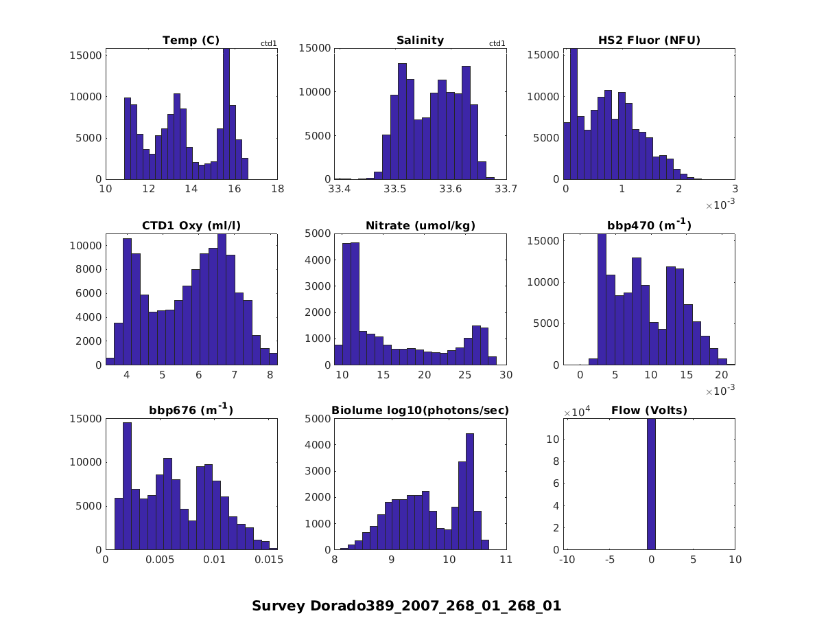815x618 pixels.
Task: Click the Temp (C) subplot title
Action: (191, 41)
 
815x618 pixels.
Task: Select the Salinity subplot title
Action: (420, 41)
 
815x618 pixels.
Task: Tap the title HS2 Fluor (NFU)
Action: (649, 41)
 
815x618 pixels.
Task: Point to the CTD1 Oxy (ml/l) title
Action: (191, 226)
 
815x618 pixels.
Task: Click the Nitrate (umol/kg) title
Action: (420, 226)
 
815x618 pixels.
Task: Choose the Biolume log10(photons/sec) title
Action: (420, 411)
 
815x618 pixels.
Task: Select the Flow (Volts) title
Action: (649, 411)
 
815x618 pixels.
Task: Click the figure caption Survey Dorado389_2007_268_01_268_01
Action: (407, 606)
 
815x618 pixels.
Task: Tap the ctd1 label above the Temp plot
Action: (268, 44)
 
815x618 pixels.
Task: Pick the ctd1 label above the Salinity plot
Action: (497, 44)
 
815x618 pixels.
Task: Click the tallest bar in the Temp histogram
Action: (226, 113)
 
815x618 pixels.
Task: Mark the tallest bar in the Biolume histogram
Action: (470, 492)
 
